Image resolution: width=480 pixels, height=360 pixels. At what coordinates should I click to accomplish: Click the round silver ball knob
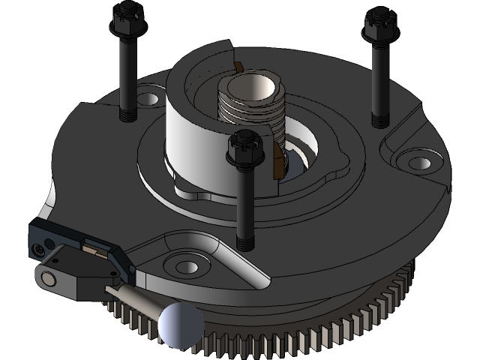point(180,325)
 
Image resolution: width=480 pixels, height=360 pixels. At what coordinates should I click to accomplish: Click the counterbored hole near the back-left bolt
point(148,99)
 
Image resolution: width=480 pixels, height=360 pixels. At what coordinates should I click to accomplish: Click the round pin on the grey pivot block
point(48,278)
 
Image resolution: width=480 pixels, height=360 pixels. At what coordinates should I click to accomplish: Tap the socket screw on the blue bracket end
point(37,247)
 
